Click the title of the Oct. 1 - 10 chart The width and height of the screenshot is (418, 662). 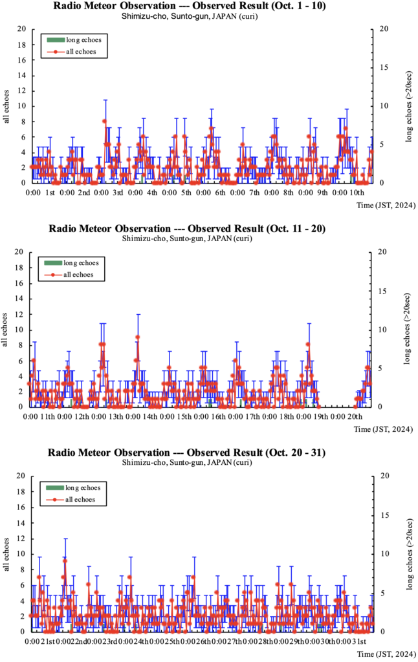pyautogui.click(x=208, y=6)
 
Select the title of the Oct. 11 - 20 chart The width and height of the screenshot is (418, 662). pyautogui.click(x=208, y=230)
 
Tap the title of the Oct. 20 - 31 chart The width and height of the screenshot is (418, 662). pyautogui.click(x=208, y=453)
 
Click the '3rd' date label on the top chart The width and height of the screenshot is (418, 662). pyautogui.click(x=118, y=193)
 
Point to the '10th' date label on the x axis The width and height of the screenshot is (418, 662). pyautogui.click(x=357, y=193)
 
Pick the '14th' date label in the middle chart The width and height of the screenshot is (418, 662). pyautogui.click(x=150, y=416)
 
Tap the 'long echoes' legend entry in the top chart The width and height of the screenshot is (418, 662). pyautogui.click(x=81, y=40)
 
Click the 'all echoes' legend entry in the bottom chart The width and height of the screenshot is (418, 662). pyautogui.click(x=81, y=499)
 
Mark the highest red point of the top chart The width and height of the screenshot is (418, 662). pyautogui.click(x=104, y=121)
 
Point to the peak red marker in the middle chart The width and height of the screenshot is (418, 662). pyautogui.click(x=137, y=337)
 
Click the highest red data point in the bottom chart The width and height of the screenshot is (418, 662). pyautogui.click(x=65, y=561)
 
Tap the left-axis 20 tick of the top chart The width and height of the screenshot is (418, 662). pyautogui.click(x=22, y=29)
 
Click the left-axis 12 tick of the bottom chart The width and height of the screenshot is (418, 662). pyautogui.click(x=22, y=539)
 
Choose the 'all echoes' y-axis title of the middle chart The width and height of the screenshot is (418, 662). pyautogui.click(x=6, y=330)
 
